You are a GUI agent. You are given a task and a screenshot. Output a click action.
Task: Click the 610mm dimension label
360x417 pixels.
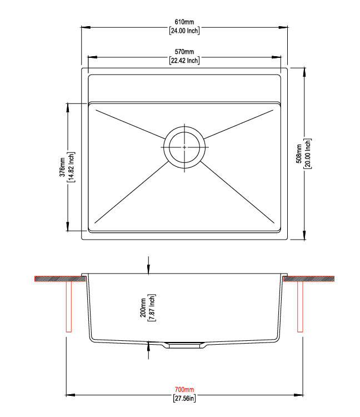[x=184, y=22]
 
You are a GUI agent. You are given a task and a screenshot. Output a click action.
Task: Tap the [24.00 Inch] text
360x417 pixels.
[x=184, y=31]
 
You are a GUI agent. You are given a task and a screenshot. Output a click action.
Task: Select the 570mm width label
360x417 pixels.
[x=184, y=52]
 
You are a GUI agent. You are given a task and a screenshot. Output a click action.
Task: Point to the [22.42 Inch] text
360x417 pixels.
[x=184, y=61]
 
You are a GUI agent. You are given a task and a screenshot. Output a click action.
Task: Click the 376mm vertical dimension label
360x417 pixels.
[x=62, y=167]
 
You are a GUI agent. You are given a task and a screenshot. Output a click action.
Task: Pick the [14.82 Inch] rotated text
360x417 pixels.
[x=71, y=167]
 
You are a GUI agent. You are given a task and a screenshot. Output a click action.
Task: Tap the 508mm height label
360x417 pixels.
[x=299, y=153]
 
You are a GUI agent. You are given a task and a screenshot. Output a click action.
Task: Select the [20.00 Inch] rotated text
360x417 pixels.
[x=308, y=153]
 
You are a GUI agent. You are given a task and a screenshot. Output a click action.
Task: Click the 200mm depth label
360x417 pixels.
[x=143, y=307]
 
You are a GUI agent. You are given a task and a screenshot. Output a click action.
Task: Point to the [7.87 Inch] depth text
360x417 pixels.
[x=152, y=307]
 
